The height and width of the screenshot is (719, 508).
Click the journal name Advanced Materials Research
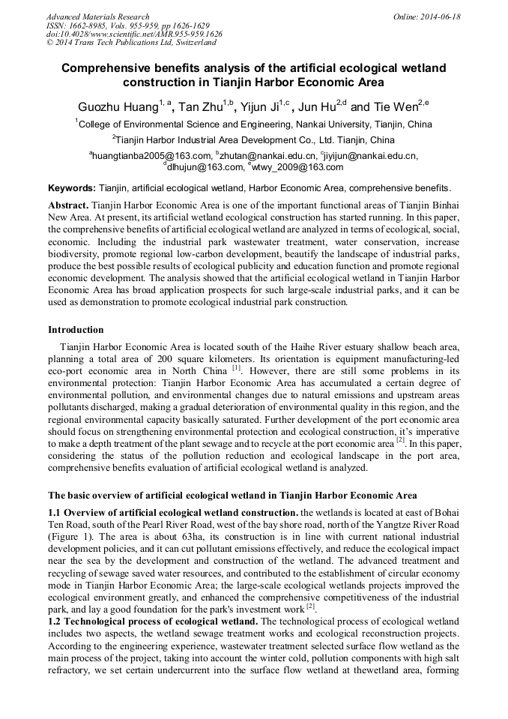(97, 16)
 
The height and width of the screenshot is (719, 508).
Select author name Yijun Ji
(259, 106)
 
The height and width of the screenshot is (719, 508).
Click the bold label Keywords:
(71, 187)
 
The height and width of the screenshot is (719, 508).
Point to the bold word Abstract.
(68, 205)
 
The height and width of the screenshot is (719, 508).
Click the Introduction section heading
(76, 329)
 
